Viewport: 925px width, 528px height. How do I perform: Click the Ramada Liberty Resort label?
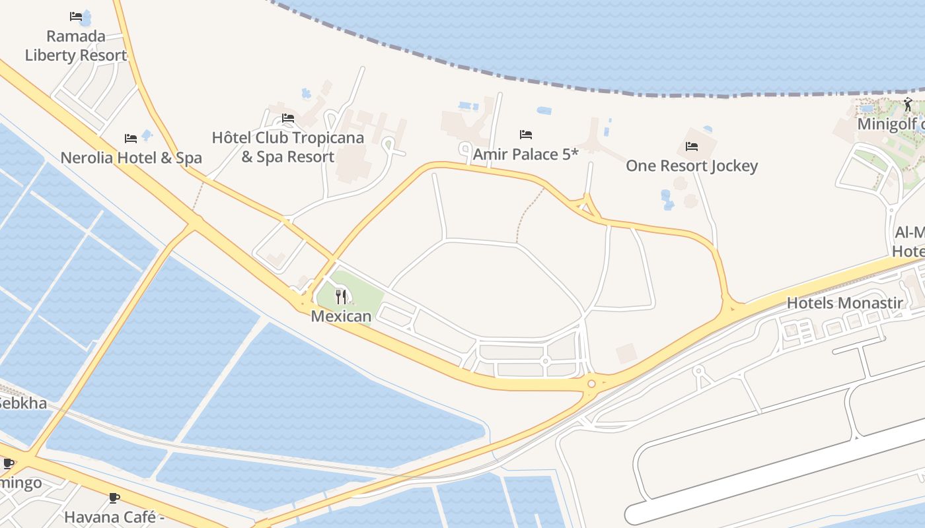pyautogui.click(x=75, y=46)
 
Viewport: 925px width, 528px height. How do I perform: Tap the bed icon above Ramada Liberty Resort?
pyautogui.click(x=76, y=16)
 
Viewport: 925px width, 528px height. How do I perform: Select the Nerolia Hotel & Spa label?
pyautogui.click(x=131, y=158)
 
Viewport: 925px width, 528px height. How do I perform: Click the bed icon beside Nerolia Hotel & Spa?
pyautogui.click(x=131, y=139)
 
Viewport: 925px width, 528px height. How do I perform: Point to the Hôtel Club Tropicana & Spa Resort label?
pyautogui.click(x=288, y=147)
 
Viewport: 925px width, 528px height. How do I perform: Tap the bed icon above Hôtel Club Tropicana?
pyautogui.click(x=288, y=118)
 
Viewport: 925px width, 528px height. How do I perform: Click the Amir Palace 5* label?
pyautogui.click(x=525, y=154)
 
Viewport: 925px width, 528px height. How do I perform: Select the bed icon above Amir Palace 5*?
pyautogui.click(x=526, y=135)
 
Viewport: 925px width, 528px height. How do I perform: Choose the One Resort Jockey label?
pyautogui.click(x=692, y=166)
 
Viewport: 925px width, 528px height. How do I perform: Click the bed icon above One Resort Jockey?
pyautogui.click(x=692, y=146)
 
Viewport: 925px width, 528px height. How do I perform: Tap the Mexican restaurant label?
pyautogui.click(x=341, y=316)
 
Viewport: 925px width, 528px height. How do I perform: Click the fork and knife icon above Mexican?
pyautogui.click(x=341, y=296)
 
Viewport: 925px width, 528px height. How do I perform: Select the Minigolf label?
pyautogui.click(x=888, y=124)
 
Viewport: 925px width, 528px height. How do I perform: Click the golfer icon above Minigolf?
pyautogui.click(x=908, y=104)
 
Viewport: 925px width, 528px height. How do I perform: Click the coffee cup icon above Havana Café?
pyautogui.click(x=114, y=498)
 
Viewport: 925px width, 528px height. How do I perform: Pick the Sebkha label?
pyautogui.click(x=22, y=403)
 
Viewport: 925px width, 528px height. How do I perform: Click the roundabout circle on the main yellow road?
pyautogui.click(x=591, y=383)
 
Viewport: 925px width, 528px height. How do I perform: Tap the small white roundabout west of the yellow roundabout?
pyautogui.click(x=545, y=361)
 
